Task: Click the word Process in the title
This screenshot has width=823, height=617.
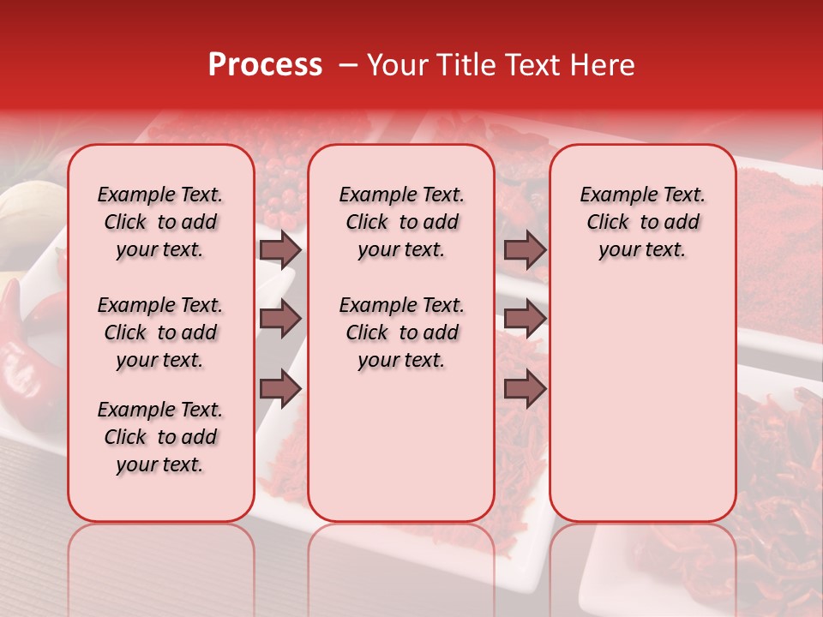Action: click(x=265, y=65)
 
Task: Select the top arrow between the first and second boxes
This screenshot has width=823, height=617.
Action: click(x=280, y=250)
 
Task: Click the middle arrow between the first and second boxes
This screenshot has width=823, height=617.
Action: click(x=280, y=320)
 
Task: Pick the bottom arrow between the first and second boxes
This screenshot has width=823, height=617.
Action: click(x=280, y=389)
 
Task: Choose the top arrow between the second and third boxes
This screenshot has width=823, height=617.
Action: click(x=525, y=250)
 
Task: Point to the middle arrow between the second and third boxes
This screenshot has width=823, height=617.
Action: click(x=525, y=320)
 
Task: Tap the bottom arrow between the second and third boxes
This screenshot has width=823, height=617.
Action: click(x=525, y=389)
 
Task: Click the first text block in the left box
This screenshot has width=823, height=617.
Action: click(x=160, y=223)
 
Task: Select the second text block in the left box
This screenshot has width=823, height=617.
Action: click(x=160, y=332)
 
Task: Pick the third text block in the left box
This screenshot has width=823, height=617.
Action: click(x=160, y=437)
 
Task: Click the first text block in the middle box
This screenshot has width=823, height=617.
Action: click(x=401, y=223)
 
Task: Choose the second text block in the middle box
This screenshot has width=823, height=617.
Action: click(x=401, y=332)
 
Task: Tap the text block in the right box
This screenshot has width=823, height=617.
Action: click(x=642, y=223)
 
